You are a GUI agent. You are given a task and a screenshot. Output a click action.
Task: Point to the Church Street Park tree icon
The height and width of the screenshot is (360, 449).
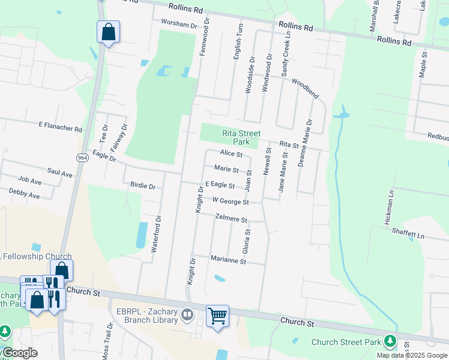tap(390, 341)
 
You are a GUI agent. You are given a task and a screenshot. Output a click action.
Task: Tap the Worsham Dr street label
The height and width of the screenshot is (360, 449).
tap(179, 25)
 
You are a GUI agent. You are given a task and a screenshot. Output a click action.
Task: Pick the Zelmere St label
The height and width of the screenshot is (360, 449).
tap(231, 219)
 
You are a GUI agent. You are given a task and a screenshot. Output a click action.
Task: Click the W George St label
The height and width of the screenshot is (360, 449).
tap(231, 201)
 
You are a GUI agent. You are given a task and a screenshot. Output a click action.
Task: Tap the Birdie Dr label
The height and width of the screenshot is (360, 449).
tap(142, 187)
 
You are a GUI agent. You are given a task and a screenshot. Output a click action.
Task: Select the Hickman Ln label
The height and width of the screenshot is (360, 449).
tap(391, 208)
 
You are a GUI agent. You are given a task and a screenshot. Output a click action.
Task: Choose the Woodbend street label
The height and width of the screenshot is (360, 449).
tap(305, 88)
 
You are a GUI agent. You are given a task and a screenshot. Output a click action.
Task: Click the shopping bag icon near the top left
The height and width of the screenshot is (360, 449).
tap(108, 32)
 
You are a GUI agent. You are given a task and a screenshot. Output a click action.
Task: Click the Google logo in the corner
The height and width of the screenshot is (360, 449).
tap(19, 353)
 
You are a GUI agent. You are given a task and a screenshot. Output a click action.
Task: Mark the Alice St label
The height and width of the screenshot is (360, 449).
tap(231, 154)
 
